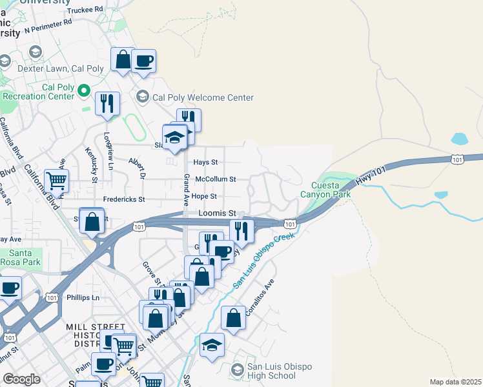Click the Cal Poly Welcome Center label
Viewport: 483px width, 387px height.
203,97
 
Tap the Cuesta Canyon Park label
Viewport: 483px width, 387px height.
326,188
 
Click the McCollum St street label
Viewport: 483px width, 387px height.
216,179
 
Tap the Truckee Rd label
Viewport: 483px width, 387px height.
85,10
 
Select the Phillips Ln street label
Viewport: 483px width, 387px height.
83,297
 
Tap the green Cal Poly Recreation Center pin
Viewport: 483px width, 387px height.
83,92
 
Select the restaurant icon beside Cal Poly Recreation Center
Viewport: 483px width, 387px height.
107,103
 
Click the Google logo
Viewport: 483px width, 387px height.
21,379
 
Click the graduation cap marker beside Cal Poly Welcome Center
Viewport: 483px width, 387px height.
142,97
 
